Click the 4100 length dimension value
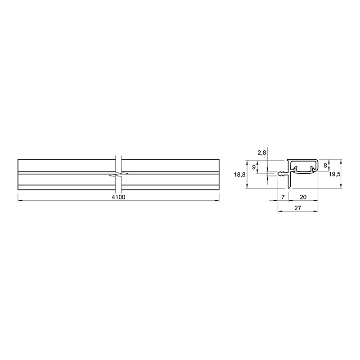point(118,197)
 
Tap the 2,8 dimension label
point(262,153)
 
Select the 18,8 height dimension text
point(240,175)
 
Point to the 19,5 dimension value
point(334,174)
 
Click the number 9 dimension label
point(254,167)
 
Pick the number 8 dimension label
point(325,165)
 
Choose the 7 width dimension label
point(283,197)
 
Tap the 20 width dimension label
point(303,197)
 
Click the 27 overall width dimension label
point(297,208)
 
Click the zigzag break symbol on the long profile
point(118,174)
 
